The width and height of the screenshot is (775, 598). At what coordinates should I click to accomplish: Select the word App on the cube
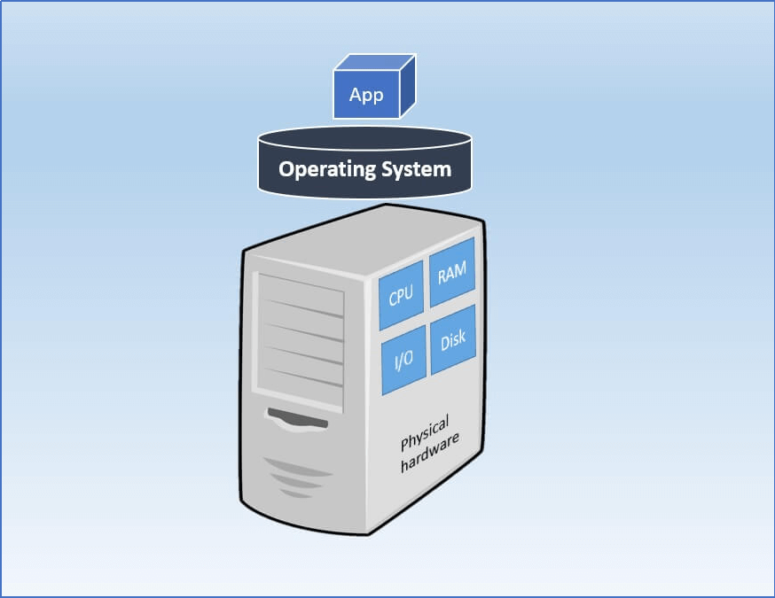pos(366,96)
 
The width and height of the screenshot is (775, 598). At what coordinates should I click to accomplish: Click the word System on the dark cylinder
pos(416,168)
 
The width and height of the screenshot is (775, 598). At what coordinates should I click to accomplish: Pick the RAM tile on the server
pos(451,273)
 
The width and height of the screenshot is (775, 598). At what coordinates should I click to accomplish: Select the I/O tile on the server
pos(403,360)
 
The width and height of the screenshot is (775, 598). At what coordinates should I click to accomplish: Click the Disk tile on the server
pos(452,339)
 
